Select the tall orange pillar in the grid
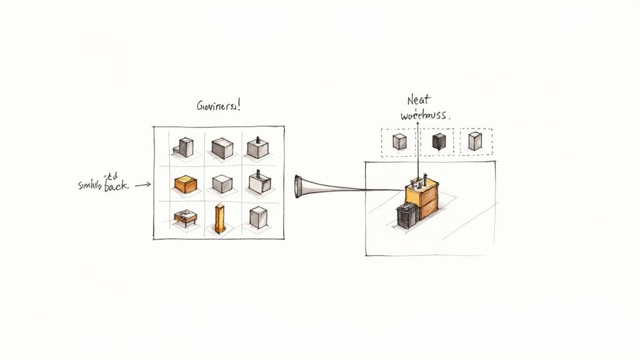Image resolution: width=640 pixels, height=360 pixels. coord(219,218)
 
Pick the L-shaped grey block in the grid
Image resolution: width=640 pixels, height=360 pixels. coord(184,147)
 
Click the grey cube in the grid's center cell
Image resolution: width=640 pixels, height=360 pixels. coord(222,183)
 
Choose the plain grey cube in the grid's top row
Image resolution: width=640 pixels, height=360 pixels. coord(222,148)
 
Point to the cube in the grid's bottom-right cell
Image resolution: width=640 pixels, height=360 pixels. coord(258,217)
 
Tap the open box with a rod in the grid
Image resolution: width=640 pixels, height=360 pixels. coord(259,182)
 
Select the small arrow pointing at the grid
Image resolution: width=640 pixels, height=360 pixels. coord(142,184)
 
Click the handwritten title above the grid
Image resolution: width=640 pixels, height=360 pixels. coord(217,106)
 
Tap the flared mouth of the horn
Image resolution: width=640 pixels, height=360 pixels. coord(299,186)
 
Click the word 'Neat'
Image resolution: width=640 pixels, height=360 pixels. coord(419,99)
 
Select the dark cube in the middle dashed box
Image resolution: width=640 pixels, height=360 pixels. coord(439,142)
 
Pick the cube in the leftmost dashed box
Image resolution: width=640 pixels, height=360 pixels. coord(399,142)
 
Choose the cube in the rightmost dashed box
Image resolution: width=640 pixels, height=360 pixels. coord(476,142)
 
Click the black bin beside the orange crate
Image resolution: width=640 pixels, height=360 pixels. coord(407,216)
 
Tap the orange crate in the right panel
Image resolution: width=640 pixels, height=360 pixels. coord(425,199)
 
